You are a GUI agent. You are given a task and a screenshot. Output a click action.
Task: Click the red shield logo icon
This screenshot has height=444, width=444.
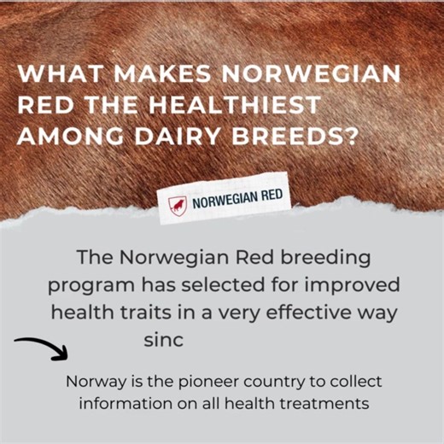[177, 205]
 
